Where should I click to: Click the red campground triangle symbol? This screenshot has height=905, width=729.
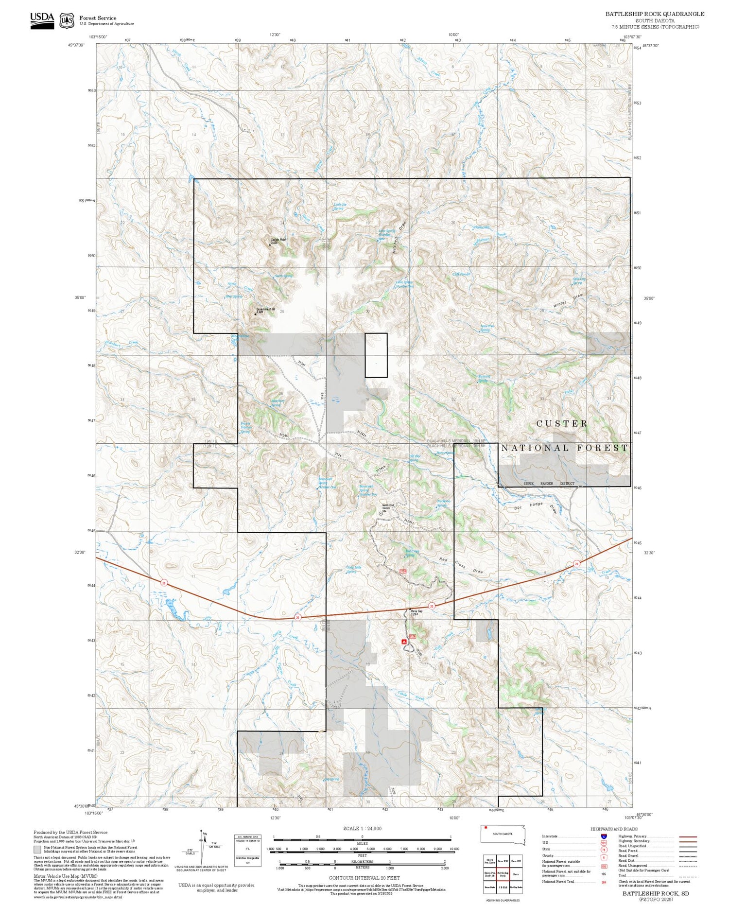403,642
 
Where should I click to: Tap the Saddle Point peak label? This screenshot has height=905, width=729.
278,240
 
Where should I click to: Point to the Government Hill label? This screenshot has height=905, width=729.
265,310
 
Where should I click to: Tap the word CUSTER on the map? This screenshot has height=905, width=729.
562,424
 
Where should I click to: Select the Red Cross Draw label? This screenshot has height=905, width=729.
461,566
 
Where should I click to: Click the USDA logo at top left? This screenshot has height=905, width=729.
42,20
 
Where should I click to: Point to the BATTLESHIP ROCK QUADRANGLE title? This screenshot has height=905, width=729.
654,14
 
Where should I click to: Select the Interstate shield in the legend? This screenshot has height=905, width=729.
604,836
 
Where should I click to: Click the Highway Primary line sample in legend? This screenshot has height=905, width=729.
687,836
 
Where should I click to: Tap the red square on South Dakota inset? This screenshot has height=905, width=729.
486,827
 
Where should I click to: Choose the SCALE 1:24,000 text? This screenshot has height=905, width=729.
362,828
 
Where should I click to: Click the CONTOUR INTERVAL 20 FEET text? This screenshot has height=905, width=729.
364,878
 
